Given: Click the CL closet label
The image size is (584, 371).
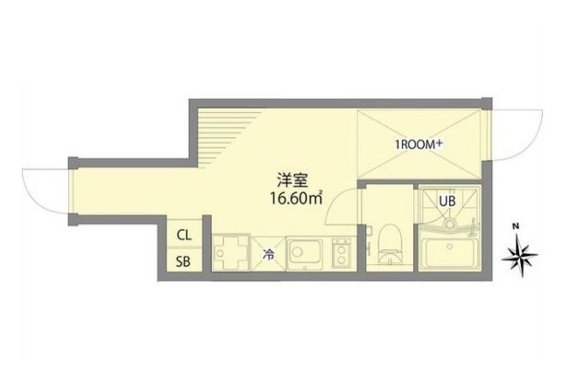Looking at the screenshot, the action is (x=184, y=235).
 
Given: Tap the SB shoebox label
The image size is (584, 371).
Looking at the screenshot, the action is (x=183, y=261).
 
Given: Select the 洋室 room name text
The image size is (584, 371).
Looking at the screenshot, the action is (x=292, y=181).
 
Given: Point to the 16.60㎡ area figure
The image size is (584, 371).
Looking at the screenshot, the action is (x=296, y=198).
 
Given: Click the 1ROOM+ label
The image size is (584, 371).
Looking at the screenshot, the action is (x=419, y=145).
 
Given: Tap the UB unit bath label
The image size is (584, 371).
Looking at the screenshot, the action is (x=447, y=201).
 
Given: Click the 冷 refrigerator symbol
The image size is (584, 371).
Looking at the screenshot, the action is (x=268, y=255).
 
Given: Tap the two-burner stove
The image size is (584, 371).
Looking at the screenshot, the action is (x=342, y=253).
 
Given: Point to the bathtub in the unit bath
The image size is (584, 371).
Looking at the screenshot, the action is (x=450, y=253).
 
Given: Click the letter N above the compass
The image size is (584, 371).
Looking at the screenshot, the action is (x=516, y=226).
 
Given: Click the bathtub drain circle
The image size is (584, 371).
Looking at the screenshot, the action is (x=450, y=246).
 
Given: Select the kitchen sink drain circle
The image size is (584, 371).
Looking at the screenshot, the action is (x=297, y=252).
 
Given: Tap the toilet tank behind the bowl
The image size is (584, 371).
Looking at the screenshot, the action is (x=390, y=258).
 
